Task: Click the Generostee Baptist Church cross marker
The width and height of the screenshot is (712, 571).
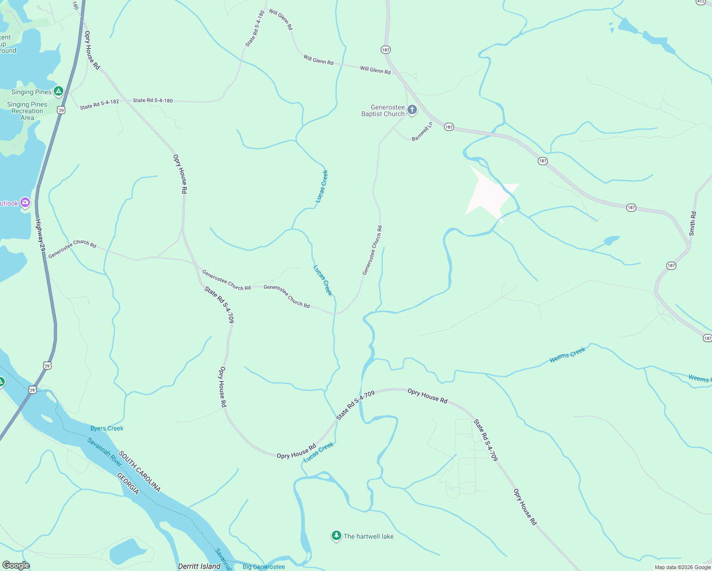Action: click(412, 110)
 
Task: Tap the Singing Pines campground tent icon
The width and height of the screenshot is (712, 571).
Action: click(58, 91)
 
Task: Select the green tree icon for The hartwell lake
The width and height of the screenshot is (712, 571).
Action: click(336, 536)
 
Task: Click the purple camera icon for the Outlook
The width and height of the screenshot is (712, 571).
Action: click(25, 203)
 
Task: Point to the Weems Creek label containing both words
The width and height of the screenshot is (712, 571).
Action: click(567, 355)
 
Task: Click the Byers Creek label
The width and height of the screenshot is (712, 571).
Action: click(107, 428)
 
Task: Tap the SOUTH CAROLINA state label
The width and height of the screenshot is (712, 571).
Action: click(139, 472)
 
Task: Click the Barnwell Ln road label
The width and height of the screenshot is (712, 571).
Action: click(422, 131)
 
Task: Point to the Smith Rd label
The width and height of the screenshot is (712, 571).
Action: click(692, 224)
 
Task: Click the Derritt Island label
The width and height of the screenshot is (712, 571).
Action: click(199, 566)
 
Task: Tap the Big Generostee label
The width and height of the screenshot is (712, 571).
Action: click(264, 567)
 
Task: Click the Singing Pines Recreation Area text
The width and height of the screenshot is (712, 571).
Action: click(27, 111)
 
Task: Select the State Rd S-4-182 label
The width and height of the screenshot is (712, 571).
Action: click(99, 104)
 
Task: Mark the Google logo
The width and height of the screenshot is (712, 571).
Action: click(16, 565)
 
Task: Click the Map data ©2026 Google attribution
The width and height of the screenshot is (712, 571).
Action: click(682, 567)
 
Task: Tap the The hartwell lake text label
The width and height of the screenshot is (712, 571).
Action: click(369, 536)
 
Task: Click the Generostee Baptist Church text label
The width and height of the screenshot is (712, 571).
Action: click(383, 111)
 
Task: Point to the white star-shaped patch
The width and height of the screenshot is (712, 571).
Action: click(490, 195)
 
